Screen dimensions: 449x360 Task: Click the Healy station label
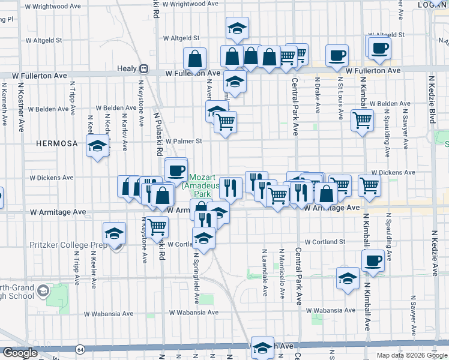[127, 68]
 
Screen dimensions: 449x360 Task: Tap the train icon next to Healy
[143, 68]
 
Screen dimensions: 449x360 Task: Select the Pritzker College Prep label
[68, 245]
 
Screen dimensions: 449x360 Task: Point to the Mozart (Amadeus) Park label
[200, 185]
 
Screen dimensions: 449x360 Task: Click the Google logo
[20, 353]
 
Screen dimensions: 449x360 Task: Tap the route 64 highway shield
[80, 349]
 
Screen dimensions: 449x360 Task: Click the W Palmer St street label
[184, 142]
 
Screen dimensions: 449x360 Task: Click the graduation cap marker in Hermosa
[97, 146]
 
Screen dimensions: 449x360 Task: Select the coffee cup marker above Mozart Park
[176, 170]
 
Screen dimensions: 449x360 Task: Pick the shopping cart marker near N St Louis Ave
[362, 121]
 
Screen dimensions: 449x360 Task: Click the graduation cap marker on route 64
[262, 349]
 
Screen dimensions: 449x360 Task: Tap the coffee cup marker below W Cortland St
[373, 261]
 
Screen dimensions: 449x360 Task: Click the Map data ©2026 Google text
[412, 355]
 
